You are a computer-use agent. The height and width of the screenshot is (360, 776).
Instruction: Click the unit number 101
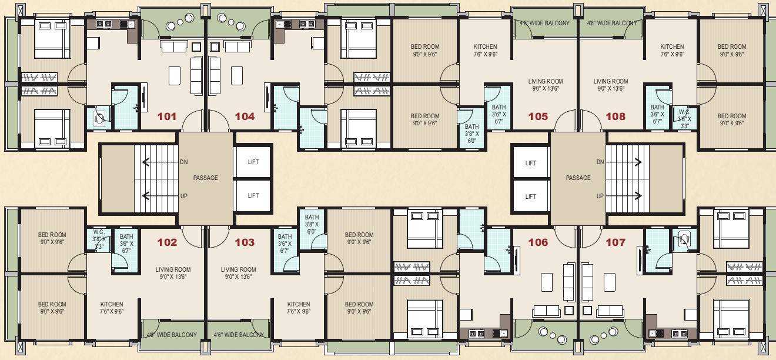click(167, 116)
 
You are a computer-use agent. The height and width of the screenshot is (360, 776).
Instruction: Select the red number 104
click(245, 116)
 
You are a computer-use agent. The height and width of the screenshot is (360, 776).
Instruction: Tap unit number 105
click(538, 116)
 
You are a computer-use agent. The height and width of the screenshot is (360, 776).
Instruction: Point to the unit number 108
click(616, 116)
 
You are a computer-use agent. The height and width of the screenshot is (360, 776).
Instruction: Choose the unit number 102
click(167, 242)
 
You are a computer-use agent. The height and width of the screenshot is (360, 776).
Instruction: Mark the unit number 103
click(245, 242)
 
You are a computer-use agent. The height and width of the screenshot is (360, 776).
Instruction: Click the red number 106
click(538, 242)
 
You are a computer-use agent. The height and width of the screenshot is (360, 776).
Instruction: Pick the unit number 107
click(616, 242)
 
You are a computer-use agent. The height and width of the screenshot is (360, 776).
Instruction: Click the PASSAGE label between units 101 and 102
click(206, 178)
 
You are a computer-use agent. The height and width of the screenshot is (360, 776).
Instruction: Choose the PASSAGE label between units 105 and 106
click(578, 178)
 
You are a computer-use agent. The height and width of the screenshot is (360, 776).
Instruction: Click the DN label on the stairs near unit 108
click(600, 162)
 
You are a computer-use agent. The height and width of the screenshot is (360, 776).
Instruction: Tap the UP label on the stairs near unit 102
click(183, 196)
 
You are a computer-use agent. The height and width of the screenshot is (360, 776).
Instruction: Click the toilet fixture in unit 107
click(683, 239)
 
